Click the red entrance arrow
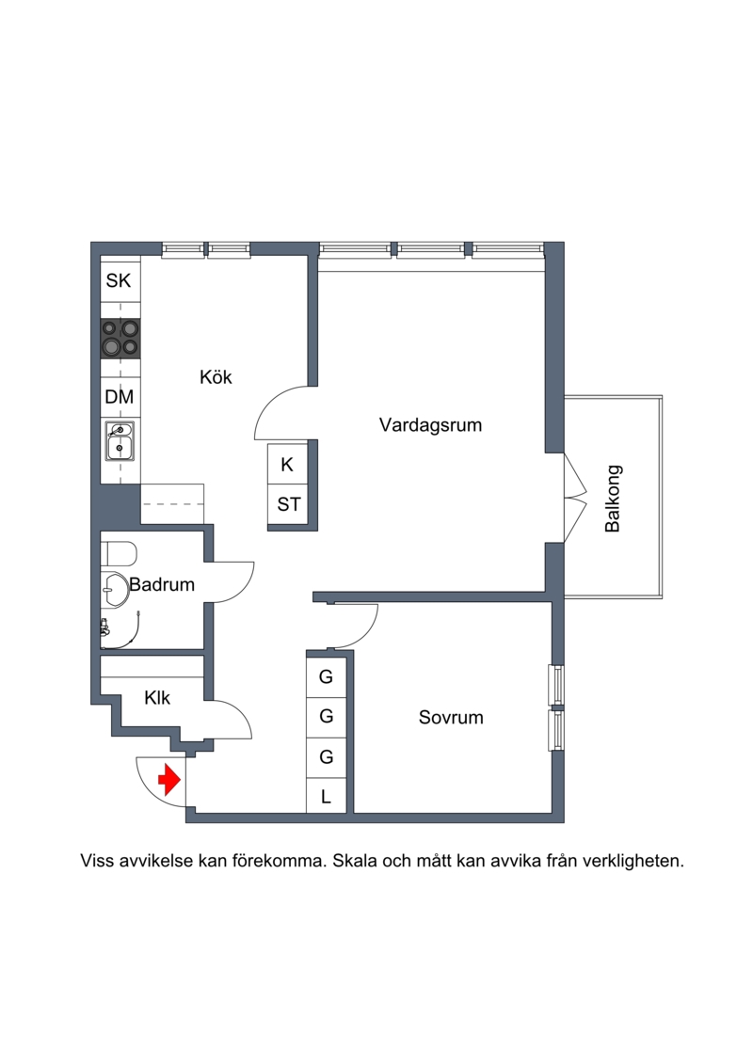coord(169,780)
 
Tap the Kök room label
coord(216,376)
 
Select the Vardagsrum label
coord(430,425)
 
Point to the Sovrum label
coord(451,717)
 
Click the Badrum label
coord(162,584)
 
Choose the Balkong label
coord(613,498)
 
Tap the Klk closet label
coord(157,697)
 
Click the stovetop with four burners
coord(120,339)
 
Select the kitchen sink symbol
coord(120,441)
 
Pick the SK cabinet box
coord(120,280)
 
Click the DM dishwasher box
coord(120,397)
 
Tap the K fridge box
coord(288,464)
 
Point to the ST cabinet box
coord(288,504)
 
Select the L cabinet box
coord(326,797)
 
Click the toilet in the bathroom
coord(120,554)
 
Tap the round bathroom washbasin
coord(115,590)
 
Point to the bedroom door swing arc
coord(368,630)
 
